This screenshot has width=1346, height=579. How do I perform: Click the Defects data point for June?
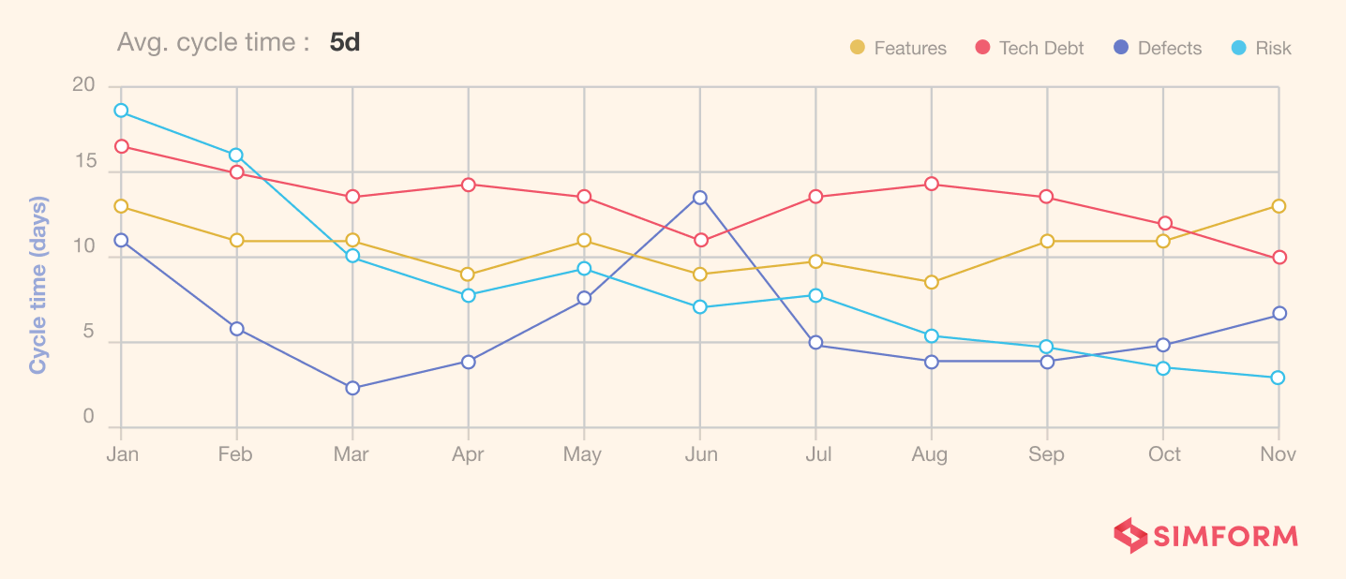(700, 198)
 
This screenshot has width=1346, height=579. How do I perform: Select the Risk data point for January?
(121, 111)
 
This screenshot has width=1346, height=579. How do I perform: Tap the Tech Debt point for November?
(1279, 258)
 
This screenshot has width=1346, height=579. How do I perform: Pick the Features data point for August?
(932, 282)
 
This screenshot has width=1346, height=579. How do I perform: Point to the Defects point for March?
(352, 388)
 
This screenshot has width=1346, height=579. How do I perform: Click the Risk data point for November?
(1279, 378)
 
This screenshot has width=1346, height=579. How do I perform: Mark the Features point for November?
(1279, 206)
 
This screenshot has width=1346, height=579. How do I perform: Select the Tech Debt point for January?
(121, 146)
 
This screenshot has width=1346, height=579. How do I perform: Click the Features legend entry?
(898, 48)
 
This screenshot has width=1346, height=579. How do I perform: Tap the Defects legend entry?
(1158, 48)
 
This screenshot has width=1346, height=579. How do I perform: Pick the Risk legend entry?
(1262, 48)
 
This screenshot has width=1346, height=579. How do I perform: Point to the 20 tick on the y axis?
(84, 85)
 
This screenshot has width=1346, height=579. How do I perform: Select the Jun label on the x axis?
(701, 454)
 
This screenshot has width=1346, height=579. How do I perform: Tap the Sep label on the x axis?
(1047, 454)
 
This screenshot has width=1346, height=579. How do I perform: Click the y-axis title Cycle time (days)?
(38, 285)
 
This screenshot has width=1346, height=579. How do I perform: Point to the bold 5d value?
(345, 43)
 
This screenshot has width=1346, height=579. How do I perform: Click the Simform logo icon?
(1130, 536)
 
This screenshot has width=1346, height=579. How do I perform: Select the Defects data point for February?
(236, 329)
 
